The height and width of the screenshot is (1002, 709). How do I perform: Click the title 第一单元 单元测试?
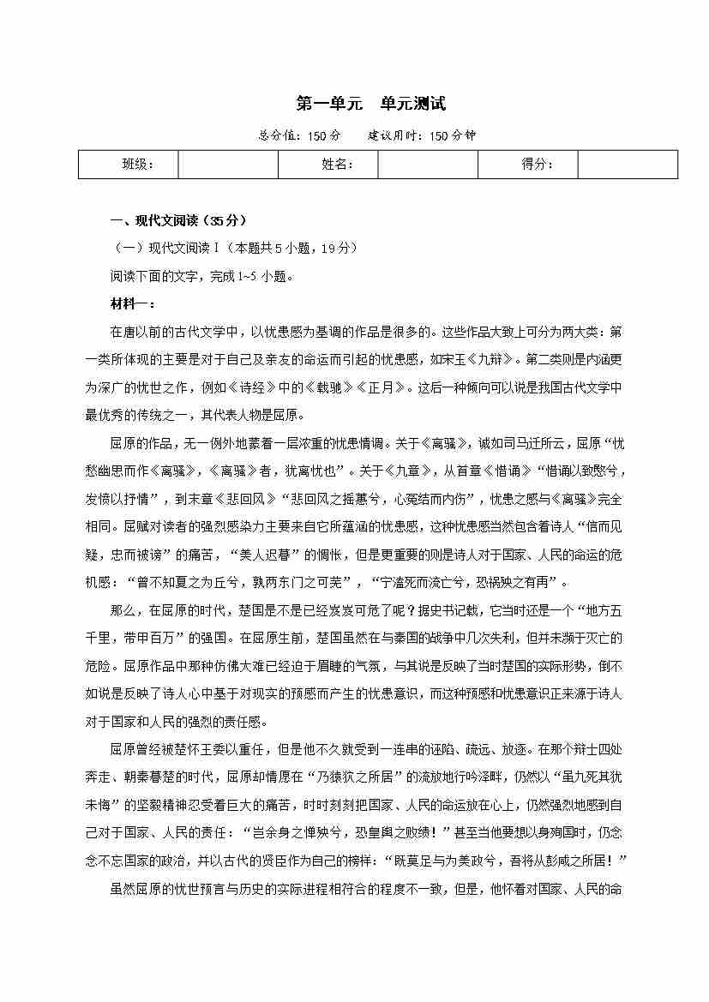[x=370, y=105]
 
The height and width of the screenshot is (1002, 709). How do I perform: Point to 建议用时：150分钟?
[x=422, y=135]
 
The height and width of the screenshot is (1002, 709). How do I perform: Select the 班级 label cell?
[x=129, y=165]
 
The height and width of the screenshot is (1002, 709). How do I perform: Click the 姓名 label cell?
[x=328, y=165]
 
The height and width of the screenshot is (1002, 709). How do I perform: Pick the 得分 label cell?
[x=528, y=165]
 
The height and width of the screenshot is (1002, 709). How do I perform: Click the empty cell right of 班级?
[x=228, y=165]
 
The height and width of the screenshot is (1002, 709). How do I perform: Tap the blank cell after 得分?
[x=628, y=165]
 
